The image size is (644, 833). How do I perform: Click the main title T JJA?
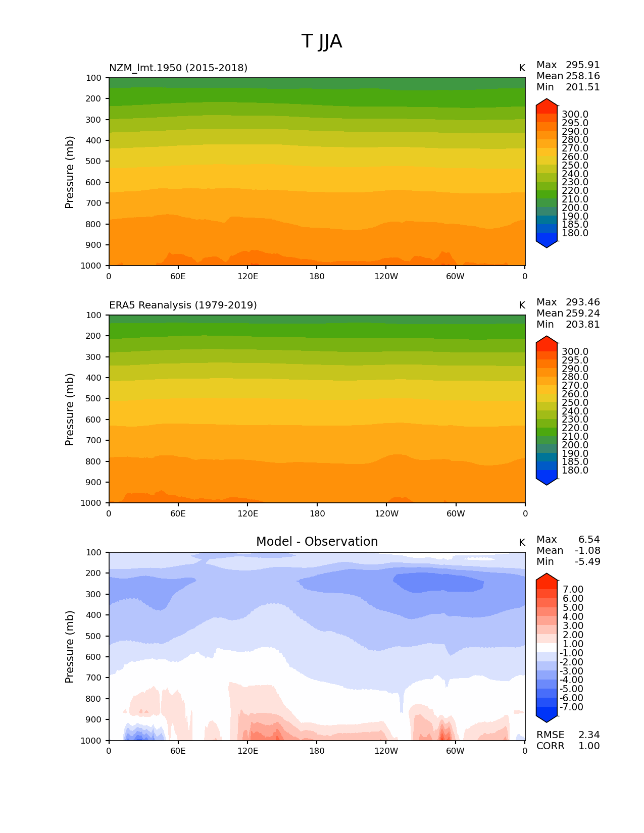322,41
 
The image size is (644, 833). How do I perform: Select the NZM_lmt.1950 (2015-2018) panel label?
178,68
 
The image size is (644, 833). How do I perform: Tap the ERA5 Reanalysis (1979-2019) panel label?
183,305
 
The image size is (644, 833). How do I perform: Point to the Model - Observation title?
317,542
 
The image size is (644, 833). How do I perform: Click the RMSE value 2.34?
589,735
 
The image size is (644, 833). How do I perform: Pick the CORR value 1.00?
589,746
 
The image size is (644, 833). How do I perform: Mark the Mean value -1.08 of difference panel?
587,550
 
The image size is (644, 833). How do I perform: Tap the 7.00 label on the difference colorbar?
573,590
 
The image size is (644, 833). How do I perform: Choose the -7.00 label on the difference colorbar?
572,707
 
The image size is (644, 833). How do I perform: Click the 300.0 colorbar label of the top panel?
575,115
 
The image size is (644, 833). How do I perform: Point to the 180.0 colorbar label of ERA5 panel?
575,470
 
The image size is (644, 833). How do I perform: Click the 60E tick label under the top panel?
178,276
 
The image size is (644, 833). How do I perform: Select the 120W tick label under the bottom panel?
386,751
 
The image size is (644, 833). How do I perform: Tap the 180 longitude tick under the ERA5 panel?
317,513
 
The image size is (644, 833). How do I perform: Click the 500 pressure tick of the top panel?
93,161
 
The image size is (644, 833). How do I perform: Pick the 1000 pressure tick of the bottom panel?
91,741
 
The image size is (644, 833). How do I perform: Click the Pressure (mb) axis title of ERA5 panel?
70,409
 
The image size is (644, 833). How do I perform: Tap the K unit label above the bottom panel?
522,542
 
